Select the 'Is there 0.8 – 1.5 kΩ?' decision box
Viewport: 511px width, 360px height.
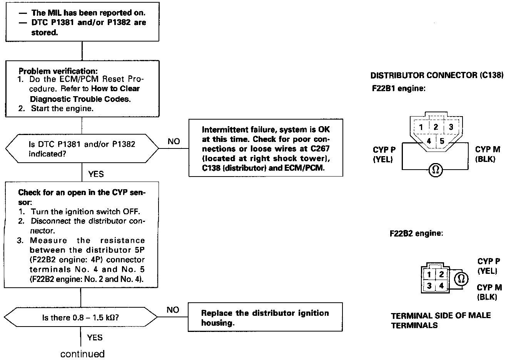coord(81,318)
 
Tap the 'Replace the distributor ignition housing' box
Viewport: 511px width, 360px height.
coord(265,318)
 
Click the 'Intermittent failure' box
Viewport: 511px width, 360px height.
coord(266,148)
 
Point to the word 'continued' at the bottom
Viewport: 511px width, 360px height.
coord(82,353)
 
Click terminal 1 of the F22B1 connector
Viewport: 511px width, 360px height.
coord(421,127)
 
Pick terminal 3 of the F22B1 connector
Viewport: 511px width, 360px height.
coord(451,127)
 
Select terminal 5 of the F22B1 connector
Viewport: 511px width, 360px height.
coord(442,141)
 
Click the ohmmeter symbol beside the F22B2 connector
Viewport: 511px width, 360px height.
coord(461,278)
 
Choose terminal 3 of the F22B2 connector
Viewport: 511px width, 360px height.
coord(429,286)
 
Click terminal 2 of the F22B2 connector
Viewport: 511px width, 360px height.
coord(441,274)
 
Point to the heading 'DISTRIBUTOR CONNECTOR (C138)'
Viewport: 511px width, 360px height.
coord(437,76)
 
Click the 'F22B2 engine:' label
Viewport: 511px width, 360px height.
coord(416,233)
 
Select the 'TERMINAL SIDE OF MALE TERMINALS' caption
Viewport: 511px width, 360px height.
coord(441,320)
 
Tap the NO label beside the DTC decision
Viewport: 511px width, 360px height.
coord(174,142)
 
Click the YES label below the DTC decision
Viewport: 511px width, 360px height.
coord(96,174)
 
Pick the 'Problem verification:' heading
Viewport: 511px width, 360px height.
coord(58,71)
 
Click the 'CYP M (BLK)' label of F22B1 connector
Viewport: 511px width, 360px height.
coord(488,154)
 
